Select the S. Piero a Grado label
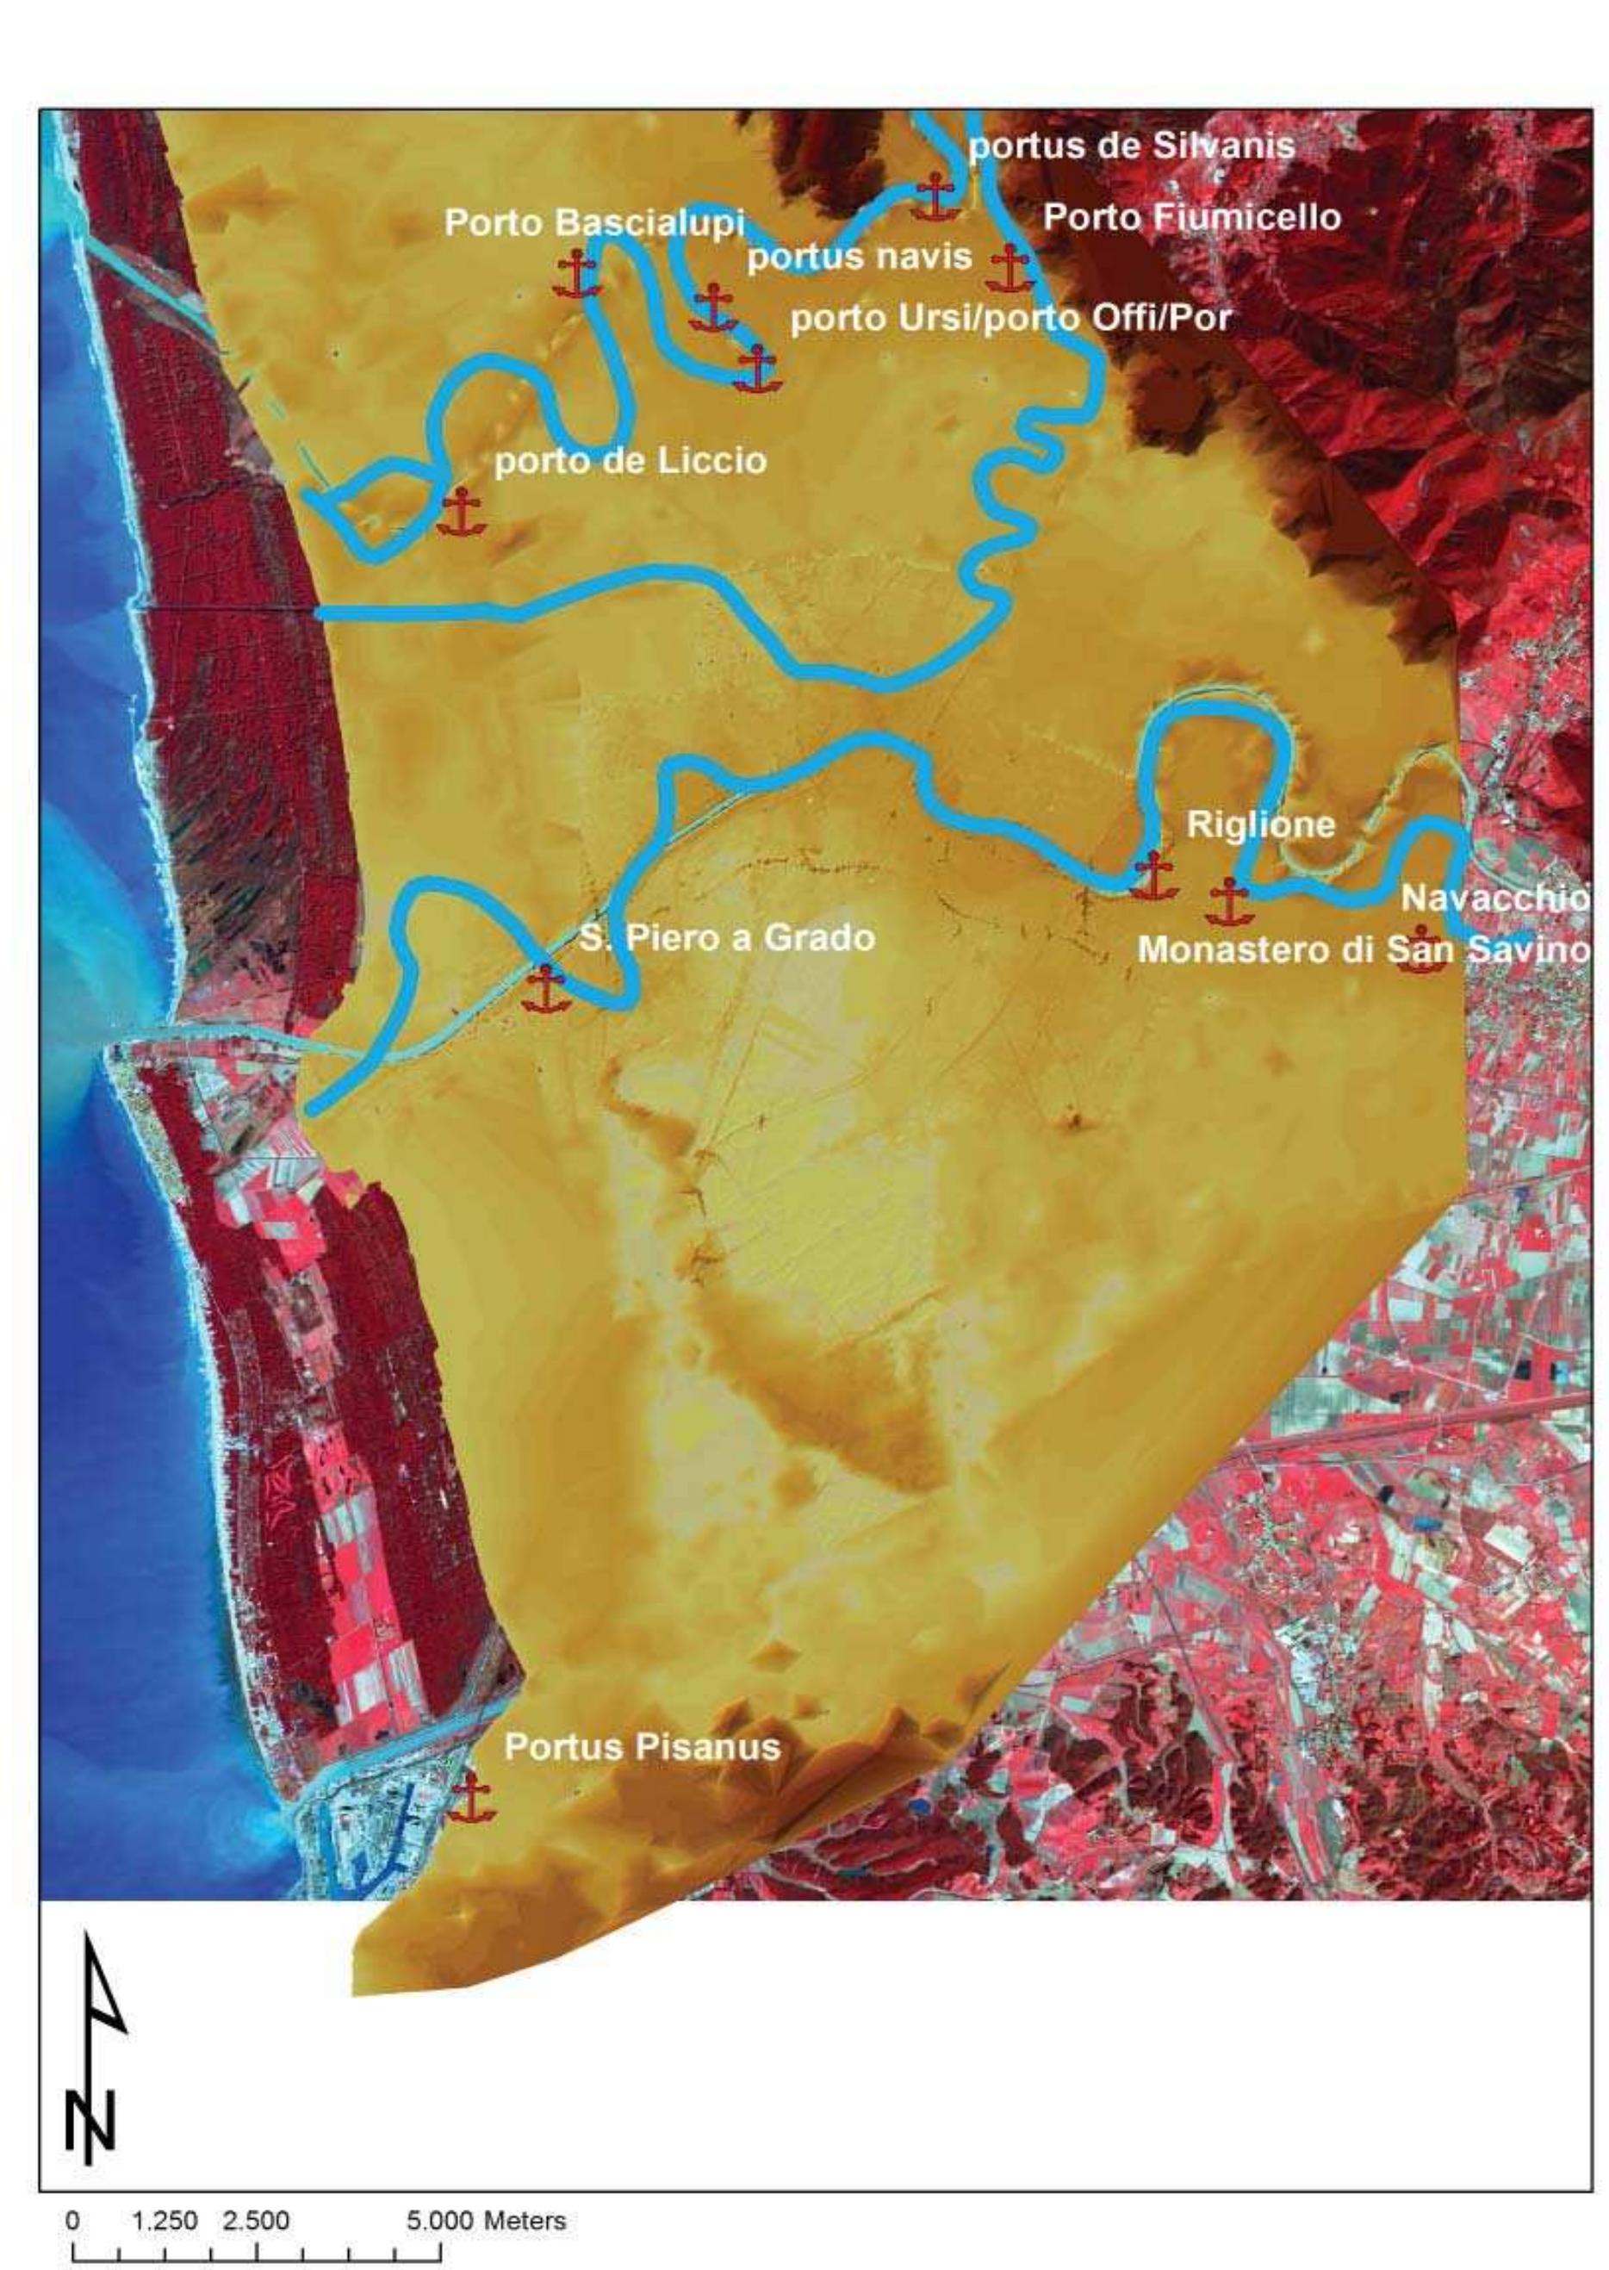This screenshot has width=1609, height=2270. click(727, 937)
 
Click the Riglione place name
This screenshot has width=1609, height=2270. click(1260, 824)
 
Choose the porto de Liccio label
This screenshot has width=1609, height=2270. click(631, 461)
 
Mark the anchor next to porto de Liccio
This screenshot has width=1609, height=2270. click(461, 513)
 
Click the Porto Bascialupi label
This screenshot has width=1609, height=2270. click(594, 223)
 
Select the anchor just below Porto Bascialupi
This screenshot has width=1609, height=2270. click(576, 275)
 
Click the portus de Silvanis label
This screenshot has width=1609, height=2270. click(1132, 146)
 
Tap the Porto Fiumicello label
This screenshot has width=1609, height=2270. click(1192, 217)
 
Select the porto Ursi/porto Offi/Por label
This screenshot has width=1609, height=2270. click(1011, 318)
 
